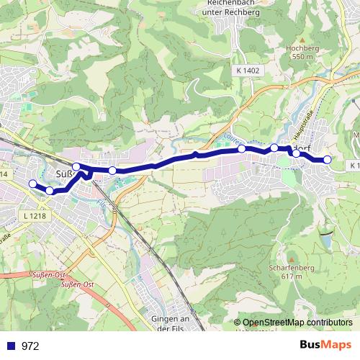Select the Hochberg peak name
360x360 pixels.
pos(300,48)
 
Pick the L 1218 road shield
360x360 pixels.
pos(33,216)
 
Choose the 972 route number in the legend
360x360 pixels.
pos(30,346)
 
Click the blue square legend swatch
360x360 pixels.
pos(12,346)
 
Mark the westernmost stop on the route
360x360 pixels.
pos(32,184)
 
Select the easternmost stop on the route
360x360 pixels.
pos(328,160)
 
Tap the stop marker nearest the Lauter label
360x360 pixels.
pos(242,149)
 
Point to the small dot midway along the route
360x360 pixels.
pos(196,154)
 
